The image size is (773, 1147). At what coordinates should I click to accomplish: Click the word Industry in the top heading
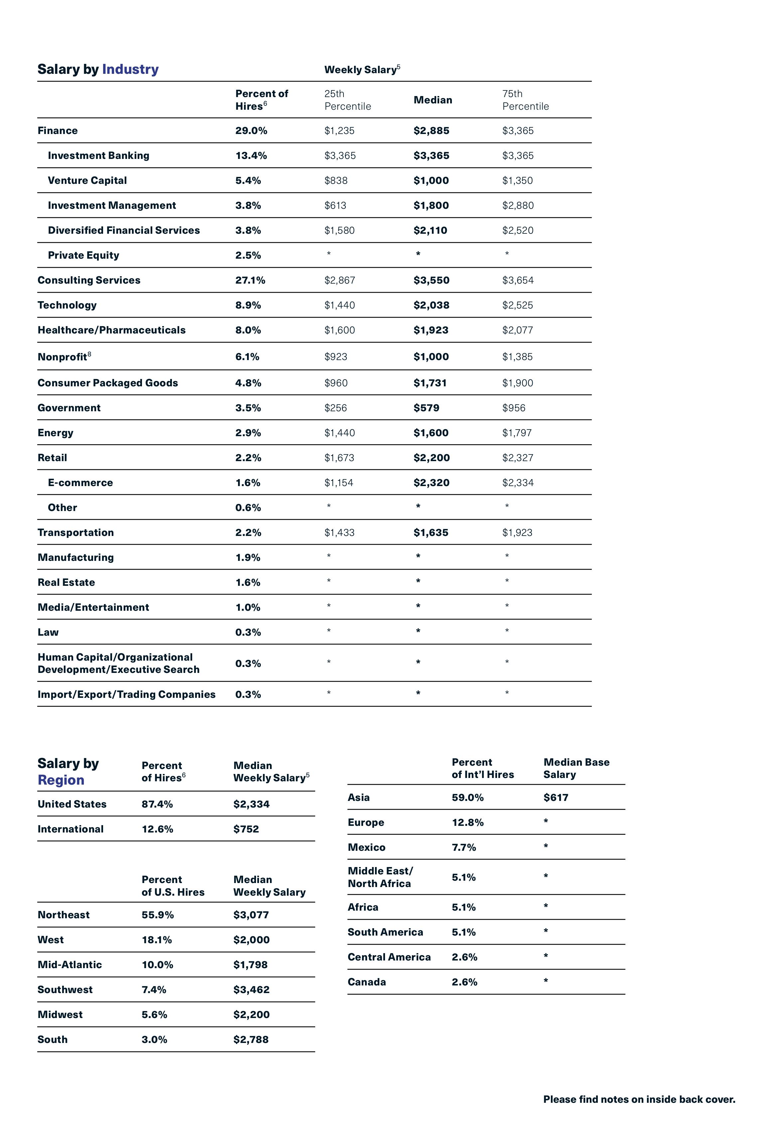pos(130,69)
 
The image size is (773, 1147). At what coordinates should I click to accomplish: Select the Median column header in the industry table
pos(432,100)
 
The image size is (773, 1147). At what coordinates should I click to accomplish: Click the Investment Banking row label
pos(98,156)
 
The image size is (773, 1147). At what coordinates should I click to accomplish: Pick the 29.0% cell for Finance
pos(251,131)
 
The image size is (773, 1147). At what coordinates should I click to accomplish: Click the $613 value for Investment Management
pos(335,205)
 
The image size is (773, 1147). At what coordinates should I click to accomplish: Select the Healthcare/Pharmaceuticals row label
pos(111,330)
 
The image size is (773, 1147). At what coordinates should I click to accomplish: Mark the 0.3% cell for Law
pos(247,632)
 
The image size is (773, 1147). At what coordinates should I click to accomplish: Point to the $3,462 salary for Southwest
pos(251,990)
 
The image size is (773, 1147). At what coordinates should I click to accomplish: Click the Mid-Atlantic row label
pos(69,964)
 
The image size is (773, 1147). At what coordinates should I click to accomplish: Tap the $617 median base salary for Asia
pos(556,798)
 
